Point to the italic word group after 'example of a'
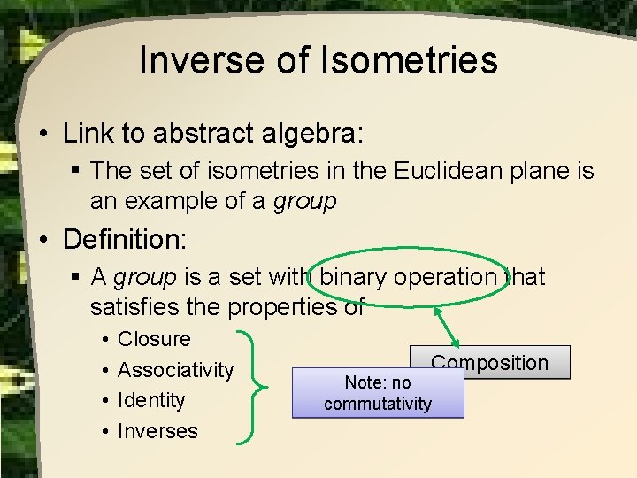point(304,201)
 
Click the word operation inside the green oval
point(454,277)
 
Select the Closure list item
point(154,339)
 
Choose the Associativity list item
point(175,370)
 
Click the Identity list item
point(151,400)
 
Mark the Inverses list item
point(157,431)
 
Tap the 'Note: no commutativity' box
point(378,393)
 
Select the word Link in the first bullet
point(85,134)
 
